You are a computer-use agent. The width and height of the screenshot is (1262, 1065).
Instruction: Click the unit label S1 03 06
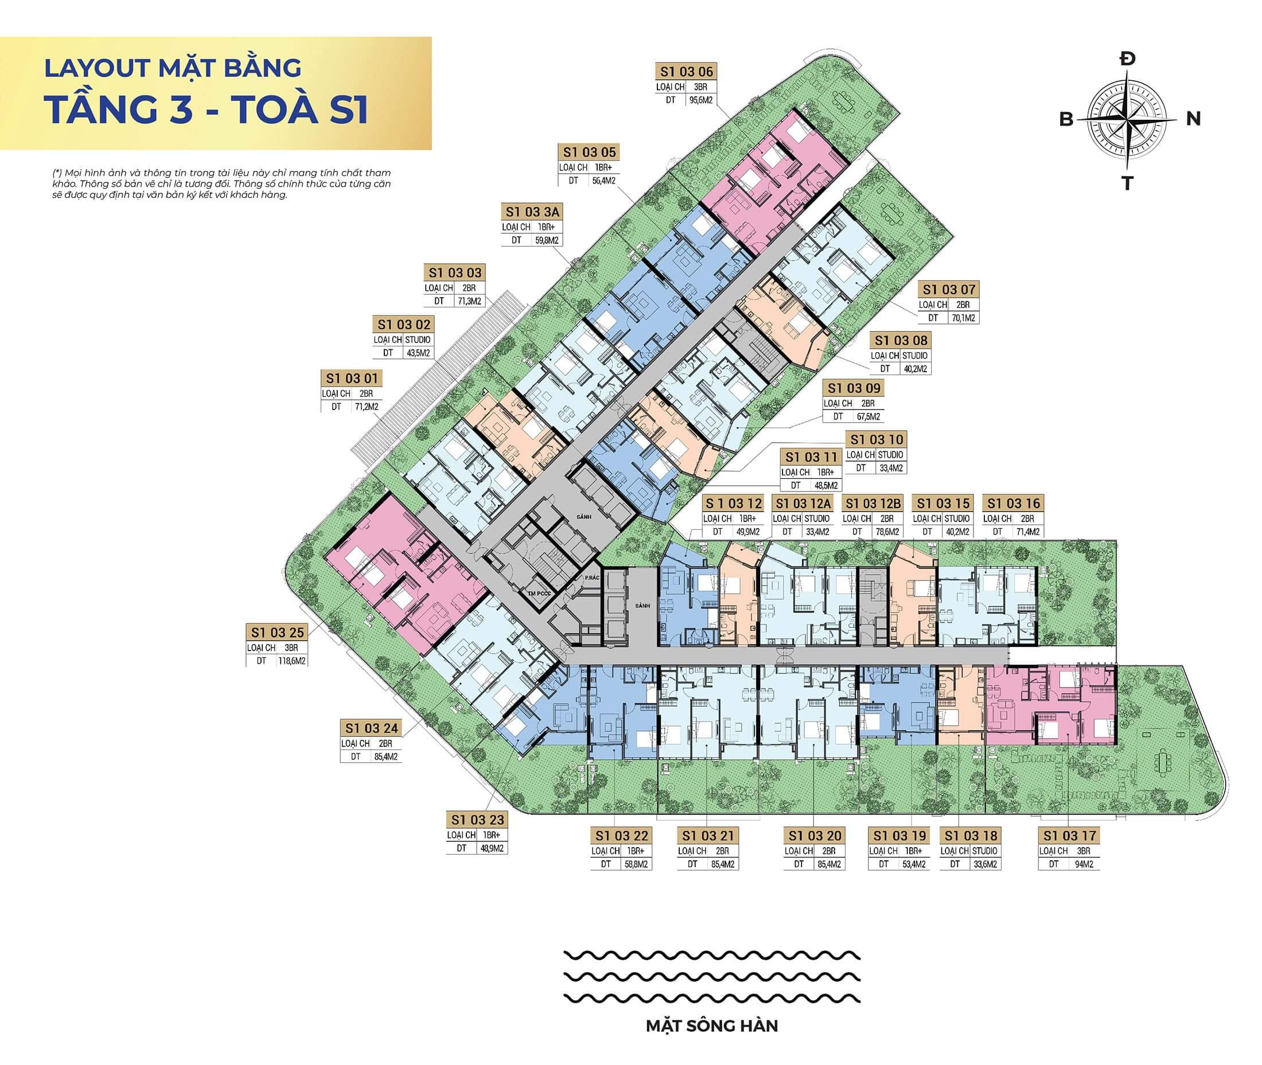(684, 72)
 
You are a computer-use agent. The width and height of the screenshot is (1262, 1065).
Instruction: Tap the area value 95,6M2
(700, 100)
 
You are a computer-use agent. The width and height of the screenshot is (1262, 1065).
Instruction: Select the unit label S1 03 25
(277, 633)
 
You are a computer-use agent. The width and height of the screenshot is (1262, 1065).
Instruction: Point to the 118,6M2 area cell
(291, 661)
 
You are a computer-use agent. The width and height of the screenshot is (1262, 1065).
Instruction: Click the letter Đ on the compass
(1127, 59)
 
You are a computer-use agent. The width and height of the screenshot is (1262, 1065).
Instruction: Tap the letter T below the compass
(1127, 183)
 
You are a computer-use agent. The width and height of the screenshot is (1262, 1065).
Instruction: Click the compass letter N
(1193, 119)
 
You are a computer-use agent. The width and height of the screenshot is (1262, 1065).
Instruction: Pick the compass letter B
(1066, 119)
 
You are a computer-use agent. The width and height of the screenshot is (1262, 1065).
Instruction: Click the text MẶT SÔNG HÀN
(712, 1026)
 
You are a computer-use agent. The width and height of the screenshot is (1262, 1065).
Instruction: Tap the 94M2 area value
(1083, 864)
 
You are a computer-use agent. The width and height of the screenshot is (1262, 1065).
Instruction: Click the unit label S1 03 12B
(873, 504)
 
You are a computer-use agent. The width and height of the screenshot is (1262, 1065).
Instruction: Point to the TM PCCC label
(540, 594)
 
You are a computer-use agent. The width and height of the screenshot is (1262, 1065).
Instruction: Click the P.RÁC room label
(592, 578)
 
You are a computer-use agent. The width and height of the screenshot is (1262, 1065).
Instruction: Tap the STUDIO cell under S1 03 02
(417, 340)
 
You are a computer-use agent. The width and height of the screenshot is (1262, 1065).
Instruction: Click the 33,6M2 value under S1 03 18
(984, 864)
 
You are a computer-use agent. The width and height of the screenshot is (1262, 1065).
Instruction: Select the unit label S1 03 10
(877, 439)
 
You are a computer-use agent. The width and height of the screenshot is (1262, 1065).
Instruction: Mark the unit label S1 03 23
(477, 820)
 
